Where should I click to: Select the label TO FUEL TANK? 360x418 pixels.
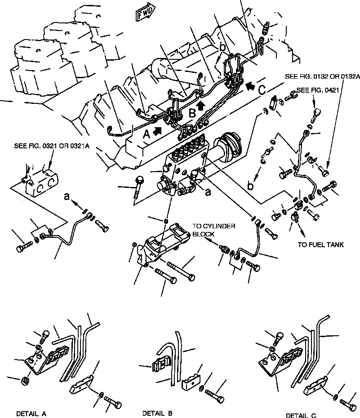321,245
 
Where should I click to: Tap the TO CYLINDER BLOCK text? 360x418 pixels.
213,231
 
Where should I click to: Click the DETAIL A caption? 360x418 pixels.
31,413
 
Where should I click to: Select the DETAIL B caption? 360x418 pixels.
157,413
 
